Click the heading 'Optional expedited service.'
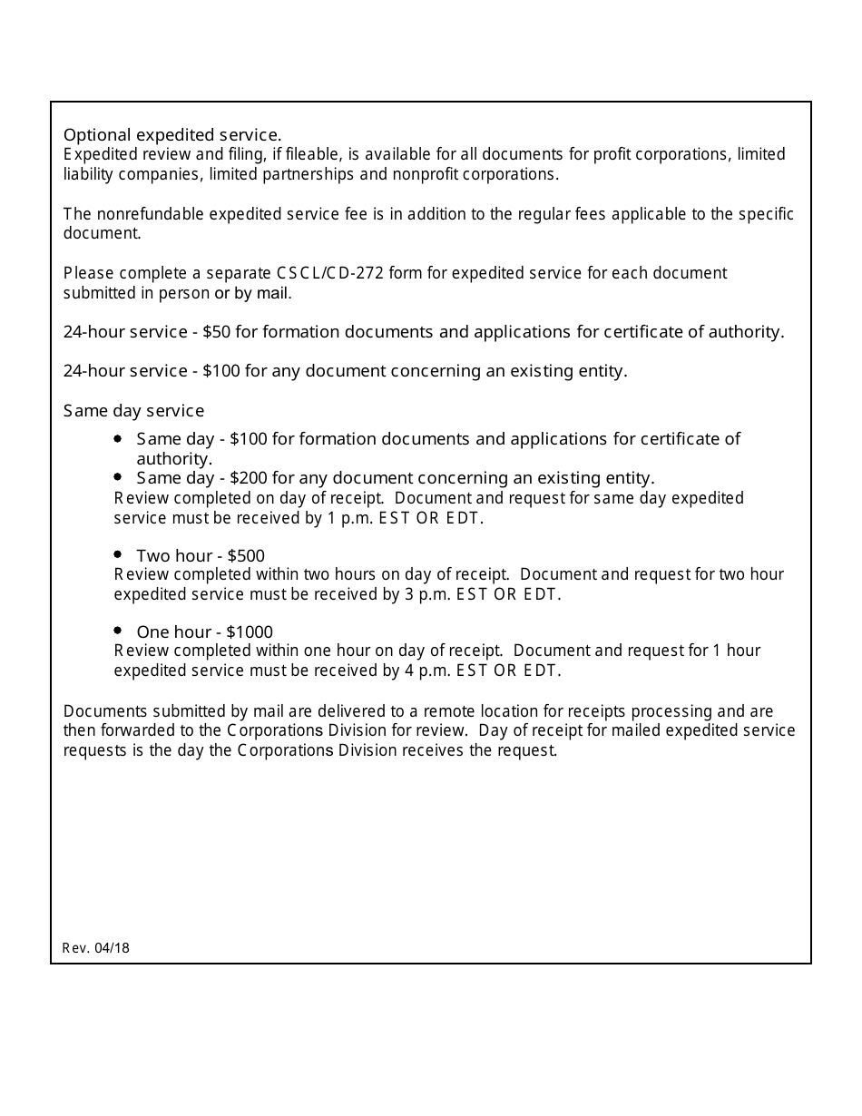[x=172, y=135]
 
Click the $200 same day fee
[x=249, y=478]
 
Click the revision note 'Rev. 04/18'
[x=96, y=948]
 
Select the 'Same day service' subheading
[x=133, y=411]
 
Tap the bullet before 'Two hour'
[x=118, y=553]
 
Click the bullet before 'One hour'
[x=118, y=630]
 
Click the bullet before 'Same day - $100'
[x=118, y=437]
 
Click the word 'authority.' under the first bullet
[x=174, y=459]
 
